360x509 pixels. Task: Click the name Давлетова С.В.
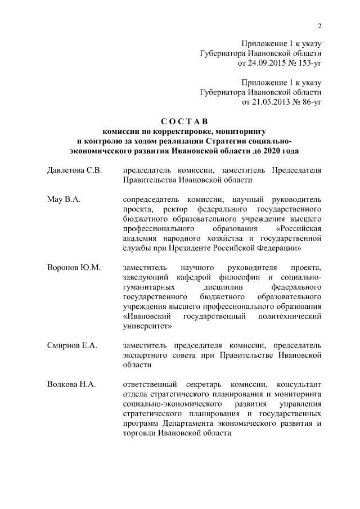[x=74, y=170]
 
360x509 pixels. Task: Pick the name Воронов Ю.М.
[x=73, y=267]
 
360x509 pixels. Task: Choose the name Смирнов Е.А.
[x=72, y=345]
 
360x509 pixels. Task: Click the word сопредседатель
[x=149, y=200]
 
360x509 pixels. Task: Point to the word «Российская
[x=299, y=229]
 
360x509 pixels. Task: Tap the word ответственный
[x=150, y=384]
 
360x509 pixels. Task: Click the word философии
[x=233, y=277]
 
